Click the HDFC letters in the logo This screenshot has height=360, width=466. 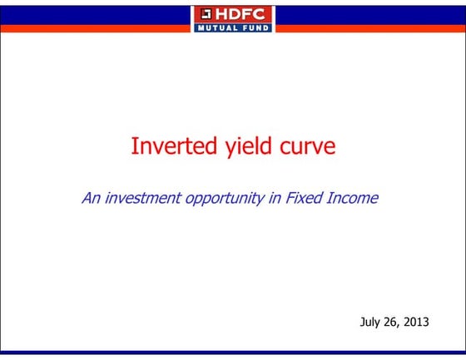(241, 14)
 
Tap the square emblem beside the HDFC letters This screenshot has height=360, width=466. (204, 14)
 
